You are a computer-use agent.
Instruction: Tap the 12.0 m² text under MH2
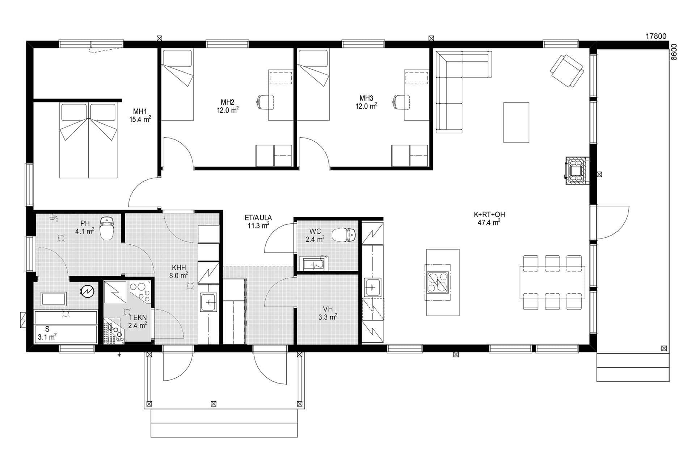[228, 110]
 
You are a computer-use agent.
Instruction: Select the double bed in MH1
[89, 141]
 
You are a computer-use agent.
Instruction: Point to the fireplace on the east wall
[577, 171]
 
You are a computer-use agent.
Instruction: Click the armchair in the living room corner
[567, 71]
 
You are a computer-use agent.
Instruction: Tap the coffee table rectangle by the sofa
[516, 122]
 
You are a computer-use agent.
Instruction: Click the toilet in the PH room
[107, 228]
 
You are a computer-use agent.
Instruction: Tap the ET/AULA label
[258, 218]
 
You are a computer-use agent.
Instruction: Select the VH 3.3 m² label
[328, 313]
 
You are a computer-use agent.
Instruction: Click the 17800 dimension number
[656, 36]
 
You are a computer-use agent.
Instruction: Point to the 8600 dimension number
[674, 52]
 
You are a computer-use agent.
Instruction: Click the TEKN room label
[138, 318]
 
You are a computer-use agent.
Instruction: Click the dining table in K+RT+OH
[552, 282]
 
